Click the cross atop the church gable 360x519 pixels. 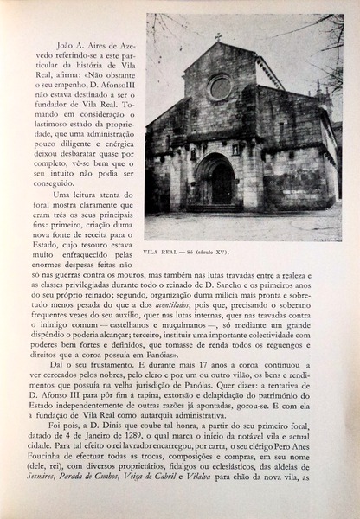218,36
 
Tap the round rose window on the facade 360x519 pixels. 220,86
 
